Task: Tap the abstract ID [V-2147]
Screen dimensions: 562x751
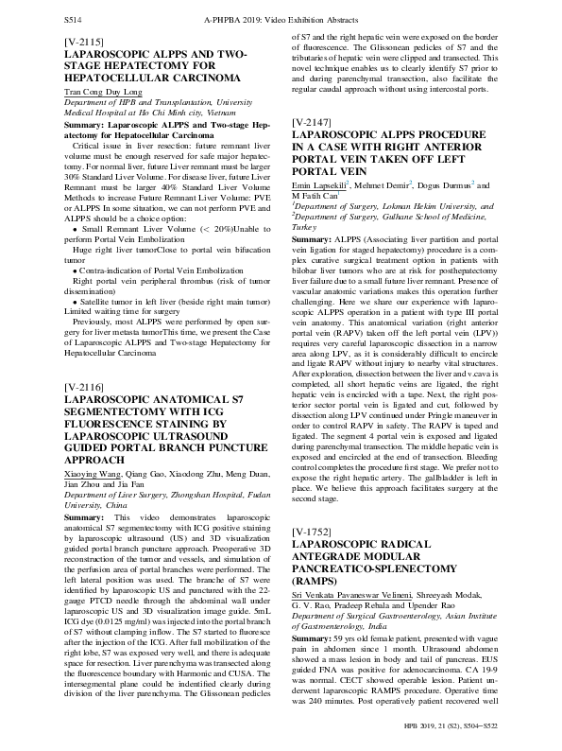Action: pos(312,150)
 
